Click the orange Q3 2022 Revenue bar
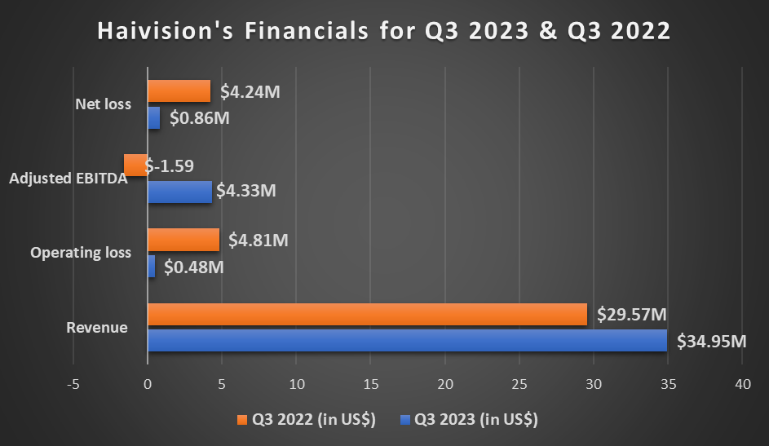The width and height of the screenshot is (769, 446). click(367, 315)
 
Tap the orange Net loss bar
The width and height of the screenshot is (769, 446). click(179, 91)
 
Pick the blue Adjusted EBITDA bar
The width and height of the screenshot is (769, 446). click(179, 192)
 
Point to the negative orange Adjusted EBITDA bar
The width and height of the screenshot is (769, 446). click(135, 166)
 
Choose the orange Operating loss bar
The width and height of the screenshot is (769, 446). click(183, 240)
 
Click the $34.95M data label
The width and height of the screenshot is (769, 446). click(712, 341)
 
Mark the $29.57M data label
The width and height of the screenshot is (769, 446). click(632, 315)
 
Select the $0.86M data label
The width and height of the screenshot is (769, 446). click(200, 118)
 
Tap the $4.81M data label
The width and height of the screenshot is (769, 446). click(259, 241)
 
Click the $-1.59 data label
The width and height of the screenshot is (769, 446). click(170, 166)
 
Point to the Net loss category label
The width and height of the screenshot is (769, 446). click(103, 104)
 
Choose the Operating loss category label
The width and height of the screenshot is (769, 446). click(81, 253)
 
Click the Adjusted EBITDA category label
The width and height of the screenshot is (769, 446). click(69, 179)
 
